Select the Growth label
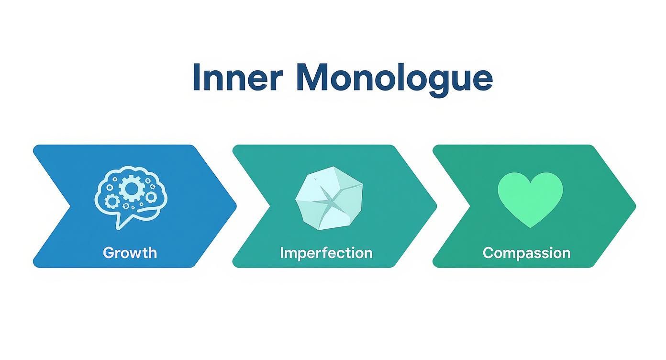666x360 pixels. click(130, 252)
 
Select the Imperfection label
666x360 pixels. click(326, 252)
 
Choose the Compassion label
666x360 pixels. click(526, 252)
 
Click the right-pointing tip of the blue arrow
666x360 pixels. click(236, 206)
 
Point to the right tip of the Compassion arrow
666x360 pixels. click(635, 206)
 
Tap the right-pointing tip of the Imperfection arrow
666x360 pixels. click(436, 206)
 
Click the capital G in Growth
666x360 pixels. click(108, 252)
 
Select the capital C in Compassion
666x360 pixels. click(488, 252)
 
